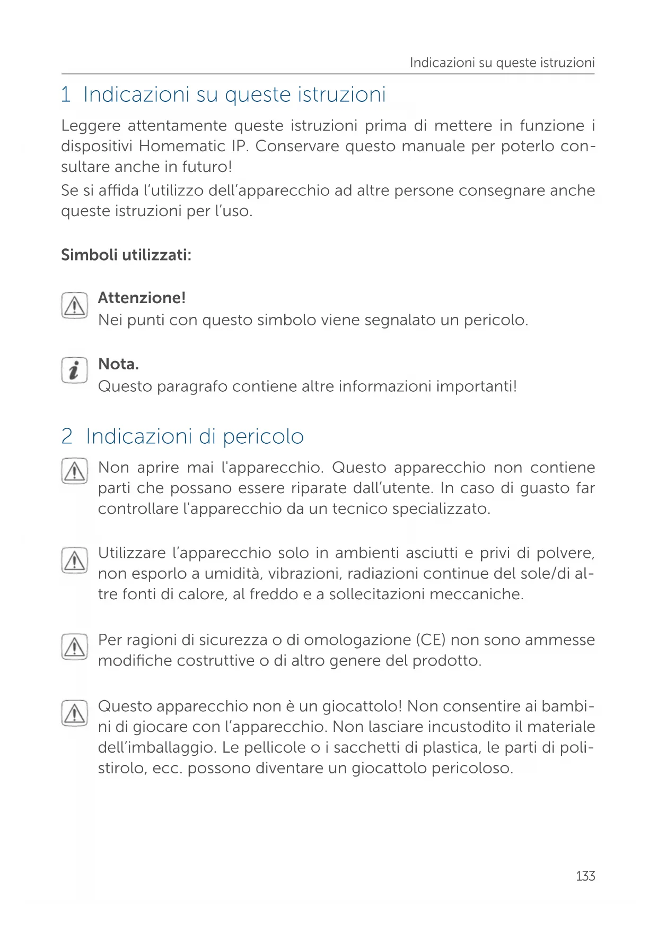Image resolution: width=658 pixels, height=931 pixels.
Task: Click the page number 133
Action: point(585,876)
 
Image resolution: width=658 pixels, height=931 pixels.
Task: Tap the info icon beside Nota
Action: point(74,370)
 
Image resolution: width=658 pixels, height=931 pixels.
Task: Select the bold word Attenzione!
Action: point(142,298)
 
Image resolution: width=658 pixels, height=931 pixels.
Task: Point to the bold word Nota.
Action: point(118,364)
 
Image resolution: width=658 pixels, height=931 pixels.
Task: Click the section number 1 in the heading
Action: point(66,94)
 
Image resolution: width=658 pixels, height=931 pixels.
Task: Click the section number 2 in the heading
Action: point(67,436)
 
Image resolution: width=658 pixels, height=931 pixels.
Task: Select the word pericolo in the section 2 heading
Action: point(263,436)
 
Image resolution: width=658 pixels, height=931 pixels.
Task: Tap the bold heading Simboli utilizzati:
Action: point(126,255)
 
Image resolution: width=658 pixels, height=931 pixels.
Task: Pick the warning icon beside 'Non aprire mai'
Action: point(74,471)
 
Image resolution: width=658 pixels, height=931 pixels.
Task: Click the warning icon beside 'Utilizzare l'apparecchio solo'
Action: point(74,560)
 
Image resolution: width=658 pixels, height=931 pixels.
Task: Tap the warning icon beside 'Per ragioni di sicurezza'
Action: point(74,646)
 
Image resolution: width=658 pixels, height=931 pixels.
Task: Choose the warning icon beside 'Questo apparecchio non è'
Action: point(74,713)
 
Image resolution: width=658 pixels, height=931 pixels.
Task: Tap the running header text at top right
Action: point(502,63)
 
